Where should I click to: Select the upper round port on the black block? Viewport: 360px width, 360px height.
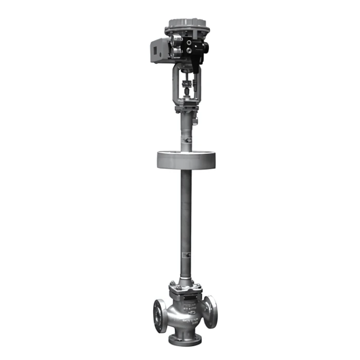tap(189, 43)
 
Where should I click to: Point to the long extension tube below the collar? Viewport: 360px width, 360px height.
tap(186, 221)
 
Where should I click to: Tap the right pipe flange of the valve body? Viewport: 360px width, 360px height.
tap(210, 311)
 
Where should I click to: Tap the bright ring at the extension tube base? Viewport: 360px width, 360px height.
tap(186, 281)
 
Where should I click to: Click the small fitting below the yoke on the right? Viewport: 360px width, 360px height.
tap(196, 121)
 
